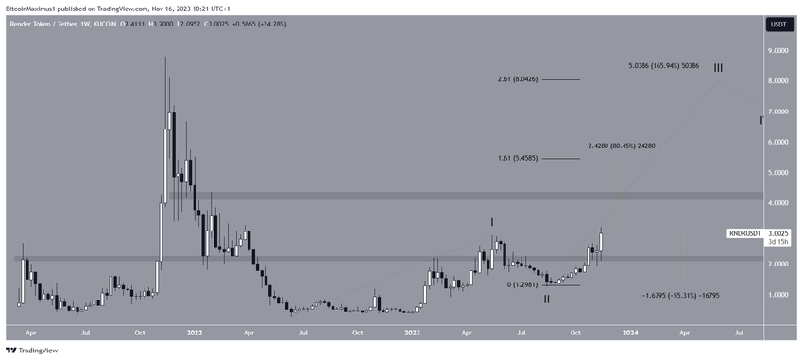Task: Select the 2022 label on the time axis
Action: click(x=195, y=333)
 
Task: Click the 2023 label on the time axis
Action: click(x=413, y=333)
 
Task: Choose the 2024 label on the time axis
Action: click(x=630, y=333)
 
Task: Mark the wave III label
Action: click(x=719, y=67)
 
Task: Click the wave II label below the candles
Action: click(x=546, y=299)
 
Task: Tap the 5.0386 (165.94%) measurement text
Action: click(x=663, y=66)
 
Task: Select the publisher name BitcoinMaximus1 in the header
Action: click(x=36, y=7)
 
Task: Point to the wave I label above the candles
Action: click(x=492, y=222)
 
